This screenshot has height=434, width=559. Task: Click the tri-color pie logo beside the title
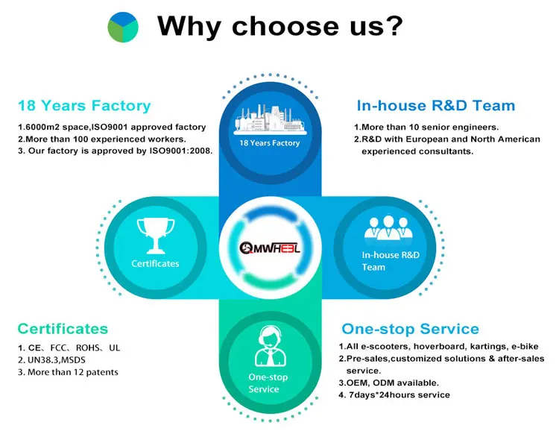[123, 27]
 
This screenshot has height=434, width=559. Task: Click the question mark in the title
[393, 27]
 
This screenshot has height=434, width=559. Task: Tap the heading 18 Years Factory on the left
[84, 106]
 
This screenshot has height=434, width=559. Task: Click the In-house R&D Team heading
[435, 106]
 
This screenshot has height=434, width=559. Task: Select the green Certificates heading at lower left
[63, 329]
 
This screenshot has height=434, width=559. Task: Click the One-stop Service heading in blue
[410, 329]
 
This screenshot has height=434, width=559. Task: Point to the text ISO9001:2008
[183, 151]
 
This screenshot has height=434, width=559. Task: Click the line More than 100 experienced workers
[101, 139]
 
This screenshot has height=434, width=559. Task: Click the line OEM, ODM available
[388, 383]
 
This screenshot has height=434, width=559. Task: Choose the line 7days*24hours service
[394, 394]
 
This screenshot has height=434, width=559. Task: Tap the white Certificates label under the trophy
[155, 263]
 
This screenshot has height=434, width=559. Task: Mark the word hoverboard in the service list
[431, 347]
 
